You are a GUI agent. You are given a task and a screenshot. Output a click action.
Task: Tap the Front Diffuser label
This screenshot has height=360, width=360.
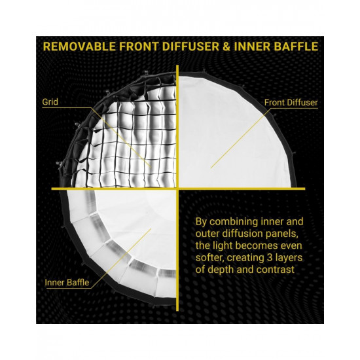click(291, 103)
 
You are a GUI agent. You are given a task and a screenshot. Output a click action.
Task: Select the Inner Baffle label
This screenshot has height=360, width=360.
click(66, 283)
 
